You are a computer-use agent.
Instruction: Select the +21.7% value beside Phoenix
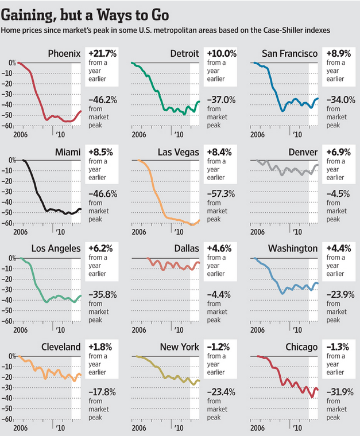(x=103, y=53)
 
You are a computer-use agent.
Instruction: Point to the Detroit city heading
(x=184, y=53)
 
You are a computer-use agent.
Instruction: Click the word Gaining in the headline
(x=29, y=12)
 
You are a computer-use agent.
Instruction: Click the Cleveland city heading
(x=60, y=347)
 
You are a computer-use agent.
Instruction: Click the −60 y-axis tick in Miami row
(x=8, y=223)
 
